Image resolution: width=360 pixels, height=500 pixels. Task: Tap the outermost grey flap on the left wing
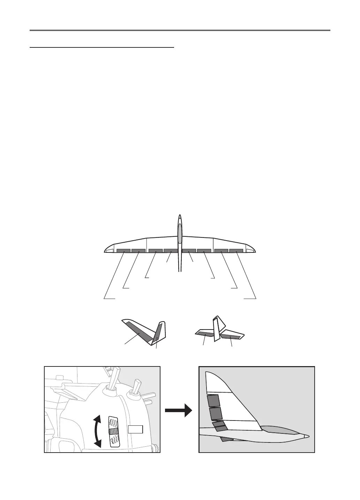pos(123,251)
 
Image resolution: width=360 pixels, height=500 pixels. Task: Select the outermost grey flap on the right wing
pos(236,251)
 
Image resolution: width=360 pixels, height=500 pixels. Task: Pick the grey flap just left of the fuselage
pos(170,251)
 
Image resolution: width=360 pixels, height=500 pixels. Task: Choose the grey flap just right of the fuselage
pos(189,251)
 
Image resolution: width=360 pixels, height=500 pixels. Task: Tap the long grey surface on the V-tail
pos(138,331)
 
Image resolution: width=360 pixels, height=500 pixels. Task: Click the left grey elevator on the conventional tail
pos(204,334)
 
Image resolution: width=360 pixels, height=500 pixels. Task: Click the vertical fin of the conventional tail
pos(217,328)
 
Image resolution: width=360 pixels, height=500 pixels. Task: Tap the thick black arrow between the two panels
pos(178,410)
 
